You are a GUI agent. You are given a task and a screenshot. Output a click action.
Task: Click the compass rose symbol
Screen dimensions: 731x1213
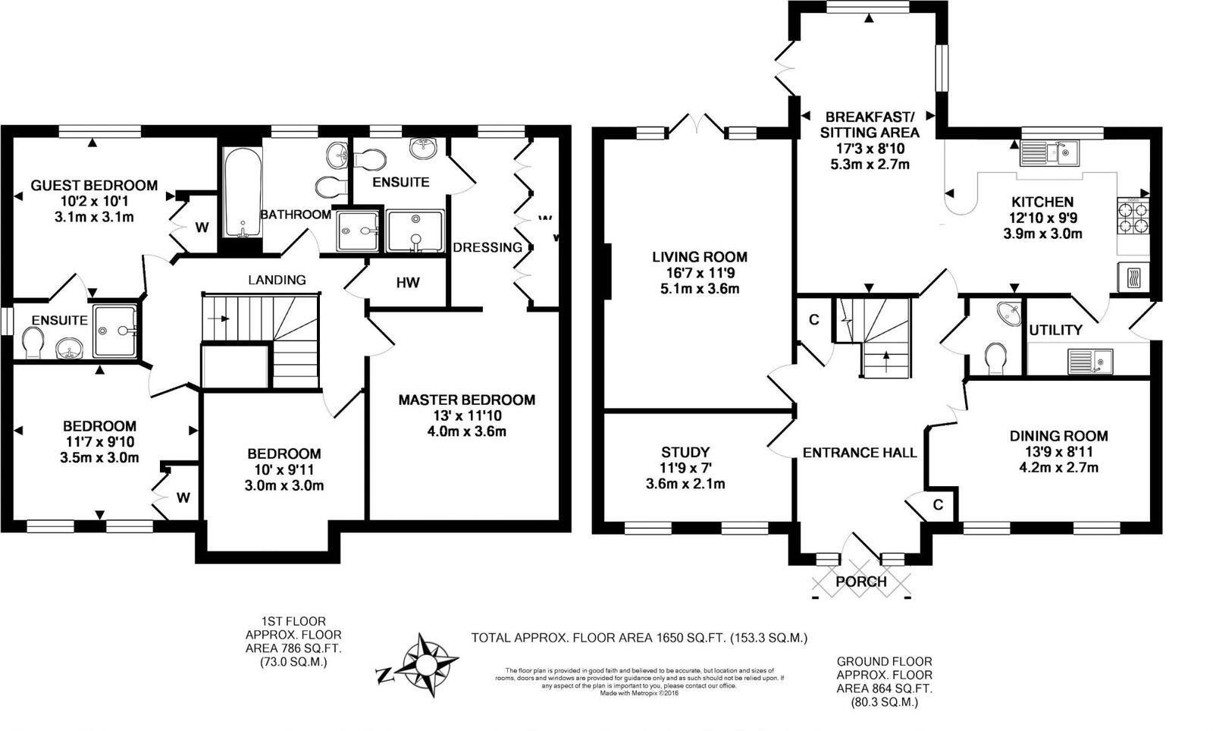tap(427, 665)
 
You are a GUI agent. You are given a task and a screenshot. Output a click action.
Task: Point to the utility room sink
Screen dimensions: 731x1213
tap(1090, 362)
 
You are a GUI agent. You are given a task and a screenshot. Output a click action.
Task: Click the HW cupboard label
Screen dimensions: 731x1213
tap(407, 283)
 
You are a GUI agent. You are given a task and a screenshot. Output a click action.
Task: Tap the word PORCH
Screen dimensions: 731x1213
tap(860, 582)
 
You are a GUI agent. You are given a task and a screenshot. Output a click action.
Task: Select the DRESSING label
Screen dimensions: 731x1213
tap(487, 247)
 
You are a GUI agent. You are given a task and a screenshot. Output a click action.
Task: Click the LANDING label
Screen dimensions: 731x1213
tap(277, 280)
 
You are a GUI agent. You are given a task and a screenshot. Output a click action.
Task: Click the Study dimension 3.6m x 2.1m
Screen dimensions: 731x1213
tap(685, 484)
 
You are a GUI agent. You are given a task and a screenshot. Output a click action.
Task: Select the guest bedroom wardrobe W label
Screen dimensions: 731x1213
tap(202, 227)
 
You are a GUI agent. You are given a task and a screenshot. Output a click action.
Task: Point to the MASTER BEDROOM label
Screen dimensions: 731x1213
tap(466, 400)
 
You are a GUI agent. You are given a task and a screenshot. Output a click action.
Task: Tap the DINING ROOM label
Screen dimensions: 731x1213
tap(1058, 436)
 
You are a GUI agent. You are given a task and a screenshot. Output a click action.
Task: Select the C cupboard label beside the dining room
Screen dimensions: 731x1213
tap(938, 505)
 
